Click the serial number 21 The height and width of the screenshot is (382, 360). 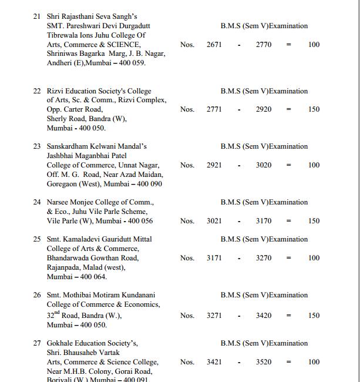tap(36, 16)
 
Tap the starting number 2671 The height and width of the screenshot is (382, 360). tap(214, 44)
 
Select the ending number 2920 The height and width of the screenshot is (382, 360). tap(264, 109)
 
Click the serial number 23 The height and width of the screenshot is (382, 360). tap(36, 146)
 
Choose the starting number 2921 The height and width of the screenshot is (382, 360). tap(214, 165)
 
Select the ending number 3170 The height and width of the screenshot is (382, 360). tap(264, 221)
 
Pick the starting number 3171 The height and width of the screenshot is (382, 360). tap(214, 258)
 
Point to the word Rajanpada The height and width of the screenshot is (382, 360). tap(65, 267)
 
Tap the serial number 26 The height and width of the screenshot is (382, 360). tap(36, 295)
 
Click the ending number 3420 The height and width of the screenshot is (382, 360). tap(264, 316)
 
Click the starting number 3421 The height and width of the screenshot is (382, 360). tap(214, 362)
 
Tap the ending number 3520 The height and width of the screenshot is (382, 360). tap(264, 362)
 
